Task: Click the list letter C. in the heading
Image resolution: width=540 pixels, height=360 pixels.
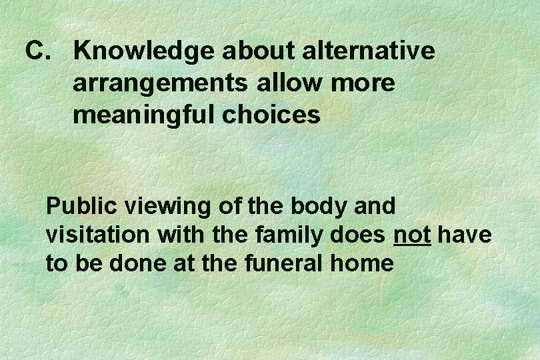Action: (38, 51)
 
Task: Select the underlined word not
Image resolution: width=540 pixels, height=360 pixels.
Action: (412, 235)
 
